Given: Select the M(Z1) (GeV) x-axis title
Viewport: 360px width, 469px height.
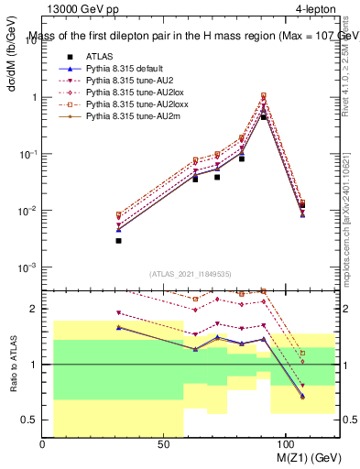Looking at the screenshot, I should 307,457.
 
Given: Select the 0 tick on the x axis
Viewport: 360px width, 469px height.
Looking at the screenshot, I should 43,443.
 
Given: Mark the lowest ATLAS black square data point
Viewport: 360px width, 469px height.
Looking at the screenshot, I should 118,241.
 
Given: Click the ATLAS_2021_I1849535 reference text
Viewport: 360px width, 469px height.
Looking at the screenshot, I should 191,273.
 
